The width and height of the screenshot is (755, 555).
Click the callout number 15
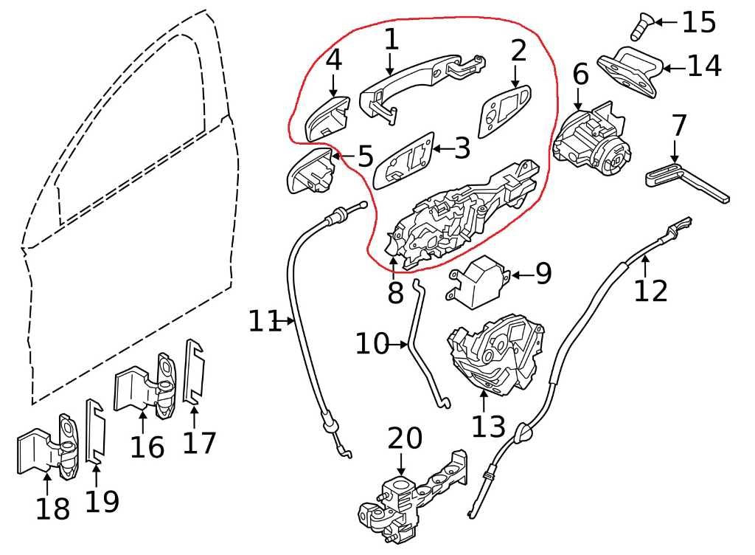point(698,22)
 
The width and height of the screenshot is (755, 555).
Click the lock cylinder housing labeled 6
point(593,140)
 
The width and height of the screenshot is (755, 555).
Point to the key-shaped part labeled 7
point(686,181)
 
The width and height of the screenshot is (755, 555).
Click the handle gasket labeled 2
point(504,111)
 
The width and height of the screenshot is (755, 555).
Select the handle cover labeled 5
point(310,171)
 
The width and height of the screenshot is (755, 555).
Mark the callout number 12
point(650,290)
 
